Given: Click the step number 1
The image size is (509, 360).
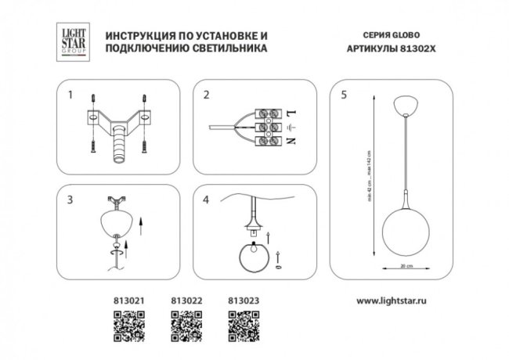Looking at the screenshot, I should (70, 97).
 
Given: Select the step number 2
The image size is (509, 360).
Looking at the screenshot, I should (207, 97).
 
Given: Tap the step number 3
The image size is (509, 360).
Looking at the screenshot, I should (70, 200).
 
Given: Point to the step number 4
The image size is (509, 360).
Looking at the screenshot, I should (207, 200).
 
